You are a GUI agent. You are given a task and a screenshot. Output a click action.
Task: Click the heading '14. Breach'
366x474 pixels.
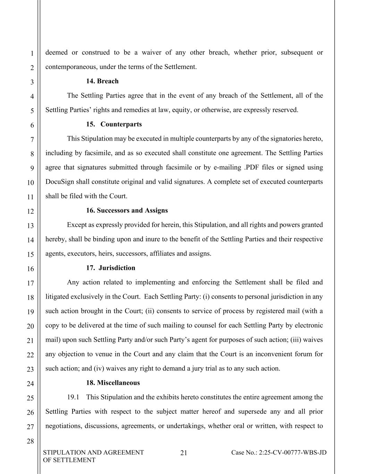pos(102,81)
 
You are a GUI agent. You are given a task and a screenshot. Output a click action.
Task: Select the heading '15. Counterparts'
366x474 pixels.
pos(114,124)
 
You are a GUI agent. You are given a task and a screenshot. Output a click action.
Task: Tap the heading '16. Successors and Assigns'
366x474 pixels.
pos(127,210)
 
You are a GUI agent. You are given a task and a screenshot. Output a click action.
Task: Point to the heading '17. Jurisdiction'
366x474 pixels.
pos(111,268)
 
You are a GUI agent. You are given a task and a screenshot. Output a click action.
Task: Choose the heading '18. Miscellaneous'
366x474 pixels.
pos(113,383)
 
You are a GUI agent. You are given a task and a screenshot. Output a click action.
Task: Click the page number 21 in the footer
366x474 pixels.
pos(184,453)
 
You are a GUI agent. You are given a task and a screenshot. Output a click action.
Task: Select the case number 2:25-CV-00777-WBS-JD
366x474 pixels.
pos(279,452)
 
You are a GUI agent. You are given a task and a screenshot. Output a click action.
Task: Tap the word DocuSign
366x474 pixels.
pos(60,182)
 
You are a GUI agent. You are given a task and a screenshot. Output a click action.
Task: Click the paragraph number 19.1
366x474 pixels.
pos(73,397)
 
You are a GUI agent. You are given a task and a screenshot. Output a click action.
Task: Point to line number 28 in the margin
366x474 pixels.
pos(30,441)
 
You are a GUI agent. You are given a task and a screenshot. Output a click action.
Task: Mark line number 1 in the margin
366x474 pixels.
pos(32,53)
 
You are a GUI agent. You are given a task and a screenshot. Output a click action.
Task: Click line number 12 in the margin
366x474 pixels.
pos(30,211)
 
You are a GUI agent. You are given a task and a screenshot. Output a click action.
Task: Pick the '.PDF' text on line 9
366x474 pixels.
pos(252,167)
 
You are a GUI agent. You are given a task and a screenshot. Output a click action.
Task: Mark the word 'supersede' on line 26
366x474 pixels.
pos(252,412)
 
